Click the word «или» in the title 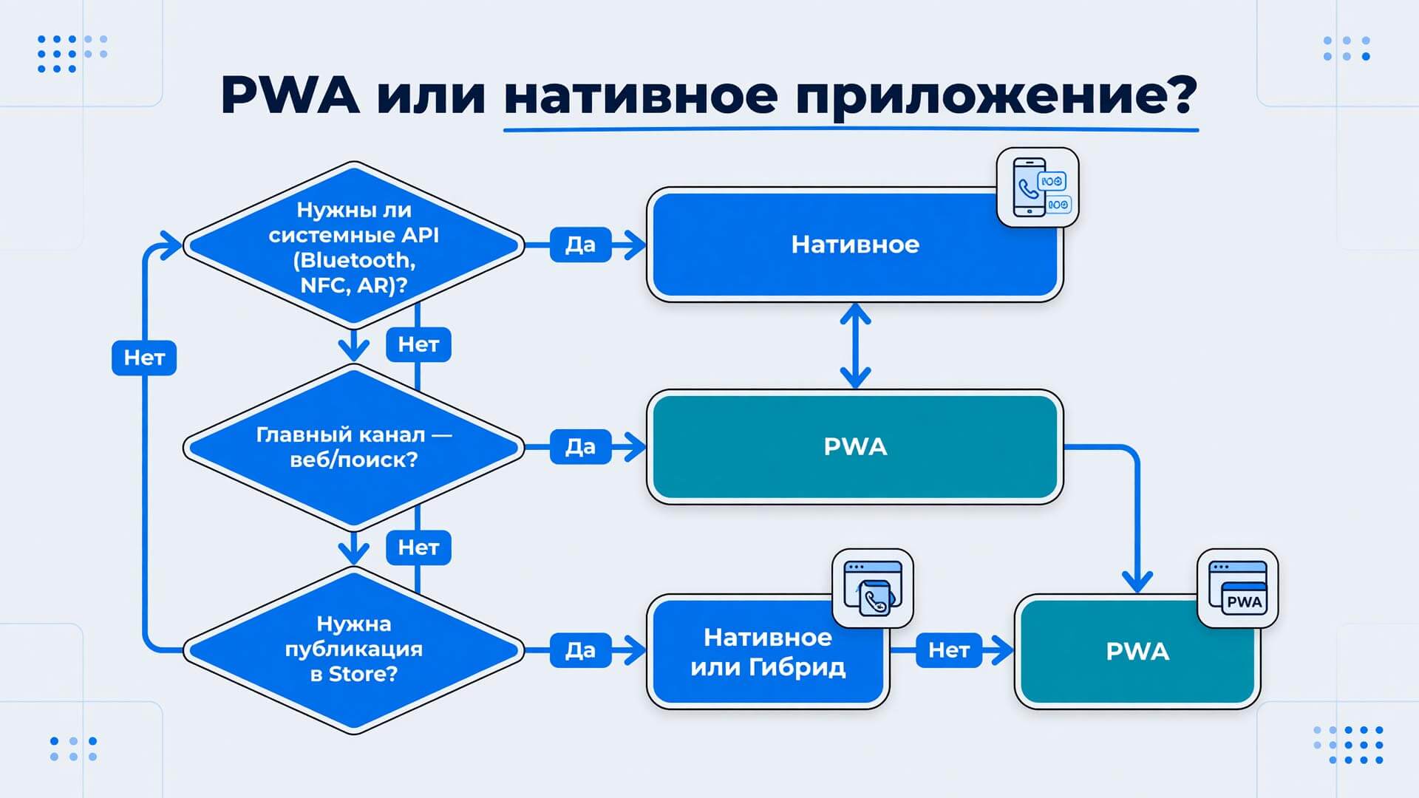[x=431, y=96]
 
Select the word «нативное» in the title [x=641, y=97]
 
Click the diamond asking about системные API [x=354, y=245]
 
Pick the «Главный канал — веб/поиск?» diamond [x=354, y=447]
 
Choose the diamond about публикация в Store [x=354, y=650]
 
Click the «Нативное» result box [x=855, y=245]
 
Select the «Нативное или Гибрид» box [x=768, y=652]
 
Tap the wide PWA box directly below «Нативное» [x=855, y=447]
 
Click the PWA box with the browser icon [x=1137, y=652]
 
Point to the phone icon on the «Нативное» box [x=1038, y=187]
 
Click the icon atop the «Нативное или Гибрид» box [x=873, y=588]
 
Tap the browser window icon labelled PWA [x=1238, y=588]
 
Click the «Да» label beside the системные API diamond [x=581, y=245]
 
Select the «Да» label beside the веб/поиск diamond [x=581, y=446]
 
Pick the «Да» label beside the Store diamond [x=581, y=650]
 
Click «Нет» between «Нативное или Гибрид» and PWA [x=949, y=650]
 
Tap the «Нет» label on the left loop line [x=144, y=358]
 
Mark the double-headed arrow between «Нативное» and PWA [x=855, y=346]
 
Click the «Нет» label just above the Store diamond [x=418, y=548]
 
